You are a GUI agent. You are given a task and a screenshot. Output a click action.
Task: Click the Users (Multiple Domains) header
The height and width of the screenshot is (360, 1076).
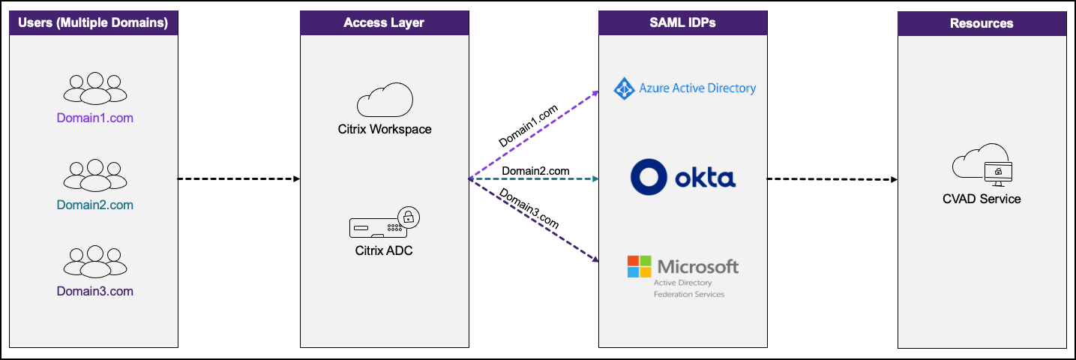click(x=94, y=23)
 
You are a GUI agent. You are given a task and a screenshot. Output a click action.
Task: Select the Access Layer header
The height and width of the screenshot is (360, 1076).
click(x=384, y=23)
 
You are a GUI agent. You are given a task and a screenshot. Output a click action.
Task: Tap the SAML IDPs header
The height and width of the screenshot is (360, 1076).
click(x=682, y=23)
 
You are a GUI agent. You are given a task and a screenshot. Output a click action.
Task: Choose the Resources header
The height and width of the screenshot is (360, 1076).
click(x=982, y=23)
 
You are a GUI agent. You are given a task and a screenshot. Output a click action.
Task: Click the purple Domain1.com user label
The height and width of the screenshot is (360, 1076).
click(x=94, y=118)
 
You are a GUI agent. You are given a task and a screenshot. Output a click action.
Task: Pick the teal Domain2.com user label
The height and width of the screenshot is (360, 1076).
click(x=94, y=205)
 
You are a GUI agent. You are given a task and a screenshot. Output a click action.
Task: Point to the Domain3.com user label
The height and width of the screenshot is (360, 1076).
click(x=94, y=291)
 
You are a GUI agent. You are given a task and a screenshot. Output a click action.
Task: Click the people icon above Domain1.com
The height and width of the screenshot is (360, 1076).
click(x=94, y=88)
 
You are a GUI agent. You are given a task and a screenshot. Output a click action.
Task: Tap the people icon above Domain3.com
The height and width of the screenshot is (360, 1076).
click(x=94, y=262)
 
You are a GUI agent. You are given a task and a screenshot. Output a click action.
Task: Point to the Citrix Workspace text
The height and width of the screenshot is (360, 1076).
click(x=384, y=129)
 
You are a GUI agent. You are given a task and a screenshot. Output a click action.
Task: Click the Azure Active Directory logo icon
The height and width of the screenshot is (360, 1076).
click(x=625, y=88)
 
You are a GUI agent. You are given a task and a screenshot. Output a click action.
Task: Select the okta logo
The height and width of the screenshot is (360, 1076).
click(x=682, y=177)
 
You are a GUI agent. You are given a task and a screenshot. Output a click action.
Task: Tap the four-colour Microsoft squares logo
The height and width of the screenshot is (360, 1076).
click(x=639, y=266)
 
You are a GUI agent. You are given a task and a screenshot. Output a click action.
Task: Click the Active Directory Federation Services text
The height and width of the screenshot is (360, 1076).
click(x=689, y=289)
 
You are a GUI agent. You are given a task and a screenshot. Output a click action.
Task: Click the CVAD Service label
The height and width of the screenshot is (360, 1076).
click(x=982, y=199)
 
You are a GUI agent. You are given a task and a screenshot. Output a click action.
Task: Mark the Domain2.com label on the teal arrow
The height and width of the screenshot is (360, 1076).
click(x=535, y=171)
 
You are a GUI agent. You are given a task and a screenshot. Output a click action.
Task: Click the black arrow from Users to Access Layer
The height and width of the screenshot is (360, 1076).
click(x=238, y=179)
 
